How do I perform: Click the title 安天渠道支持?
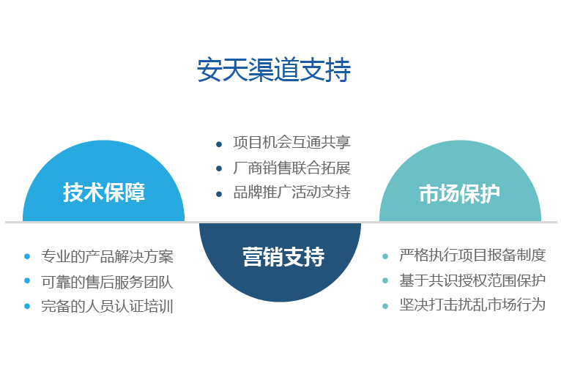coord(274,70)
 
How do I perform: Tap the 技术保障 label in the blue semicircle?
coord(104,193)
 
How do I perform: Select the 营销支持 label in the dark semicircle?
coord(283,256)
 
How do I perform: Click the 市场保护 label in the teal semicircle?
coord(459,194)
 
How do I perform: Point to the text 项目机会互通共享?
coord(291,143)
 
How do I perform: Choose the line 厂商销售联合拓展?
coord(291,168)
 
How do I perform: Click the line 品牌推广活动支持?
coord(291,192)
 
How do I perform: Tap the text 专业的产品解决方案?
coord(107,256)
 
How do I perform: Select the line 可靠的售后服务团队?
coord(107,282)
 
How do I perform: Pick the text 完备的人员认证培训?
coord(107,306)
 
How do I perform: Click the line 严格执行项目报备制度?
coord(472,255)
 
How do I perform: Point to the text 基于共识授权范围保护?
coord(472,280)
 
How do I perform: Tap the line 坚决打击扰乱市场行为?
coord(472,305)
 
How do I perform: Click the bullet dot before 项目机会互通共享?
coord(219,144)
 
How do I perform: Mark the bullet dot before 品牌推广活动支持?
coord(219,194)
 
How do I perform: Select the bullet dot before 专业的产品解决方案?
coord(27,256)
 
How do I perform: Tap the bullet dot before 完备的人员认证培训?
coord(27,306)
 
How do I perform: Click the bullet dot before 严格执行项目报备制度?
coord(385,256)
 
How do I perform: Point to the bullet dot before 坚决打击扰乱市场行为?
coord(385,306)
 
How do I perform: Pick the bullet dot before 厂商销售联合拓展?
coord(219,168)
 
